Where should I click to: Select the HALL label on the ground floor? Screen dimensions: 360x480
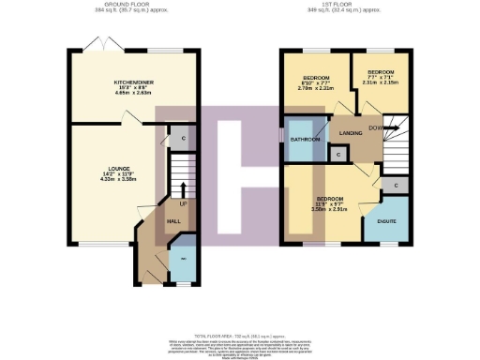173,221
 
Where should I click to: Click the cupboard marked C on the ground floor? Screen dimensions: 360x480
182,139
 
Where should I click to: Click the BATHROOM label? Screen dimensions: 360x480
304,140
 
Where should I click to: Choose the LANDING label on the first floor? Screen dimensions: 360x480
352,133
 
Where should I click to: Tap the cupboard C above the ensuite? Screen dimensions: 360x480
397,185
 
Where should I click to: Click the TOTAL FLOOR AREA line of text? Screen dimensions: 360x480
239,335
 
